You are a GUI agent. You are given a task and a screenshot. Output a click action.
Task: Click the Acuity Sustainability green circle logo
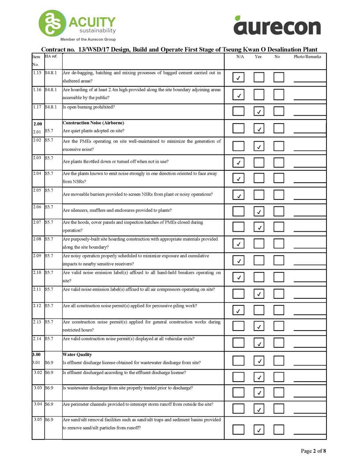tap(52, 23)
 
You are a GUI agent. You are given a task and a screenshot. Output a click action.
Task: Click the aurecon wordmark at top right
tap(277, 26)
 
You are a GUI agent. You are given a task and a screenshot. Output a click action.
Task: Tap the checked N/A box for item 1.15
tap(238, 78)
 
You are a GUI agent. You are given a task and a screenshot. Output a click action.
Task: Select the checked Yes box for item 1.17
tap(259, 111)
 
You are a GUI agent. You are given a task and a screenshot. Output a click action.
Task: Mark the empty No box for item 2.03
tap(279, 162)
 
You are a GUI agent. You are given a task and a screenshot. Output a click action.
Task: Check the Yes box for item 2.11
tap(259, 293)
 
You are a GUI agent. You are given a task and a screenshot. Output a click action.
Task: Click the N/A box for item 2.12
tap(238, 311)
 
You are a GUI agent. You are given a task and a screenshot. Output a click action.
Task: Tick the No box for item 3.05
tap(279, 429)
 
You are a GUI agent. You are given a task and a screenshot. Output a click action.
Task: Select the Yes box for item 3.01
tap(259, 361)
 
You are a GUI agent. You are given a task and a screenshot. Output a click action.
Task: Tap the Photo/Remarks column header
tap(307, 56)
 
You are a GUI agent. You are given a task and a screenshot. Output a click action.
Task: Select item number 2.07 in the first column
tap(37, 222)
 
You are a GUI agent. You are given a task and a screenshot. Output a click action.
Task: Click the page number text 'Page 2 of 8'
tap(314, 451)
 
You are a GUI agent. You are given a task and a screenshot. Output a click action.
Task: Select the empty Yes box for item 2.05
tap(259, 195)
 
